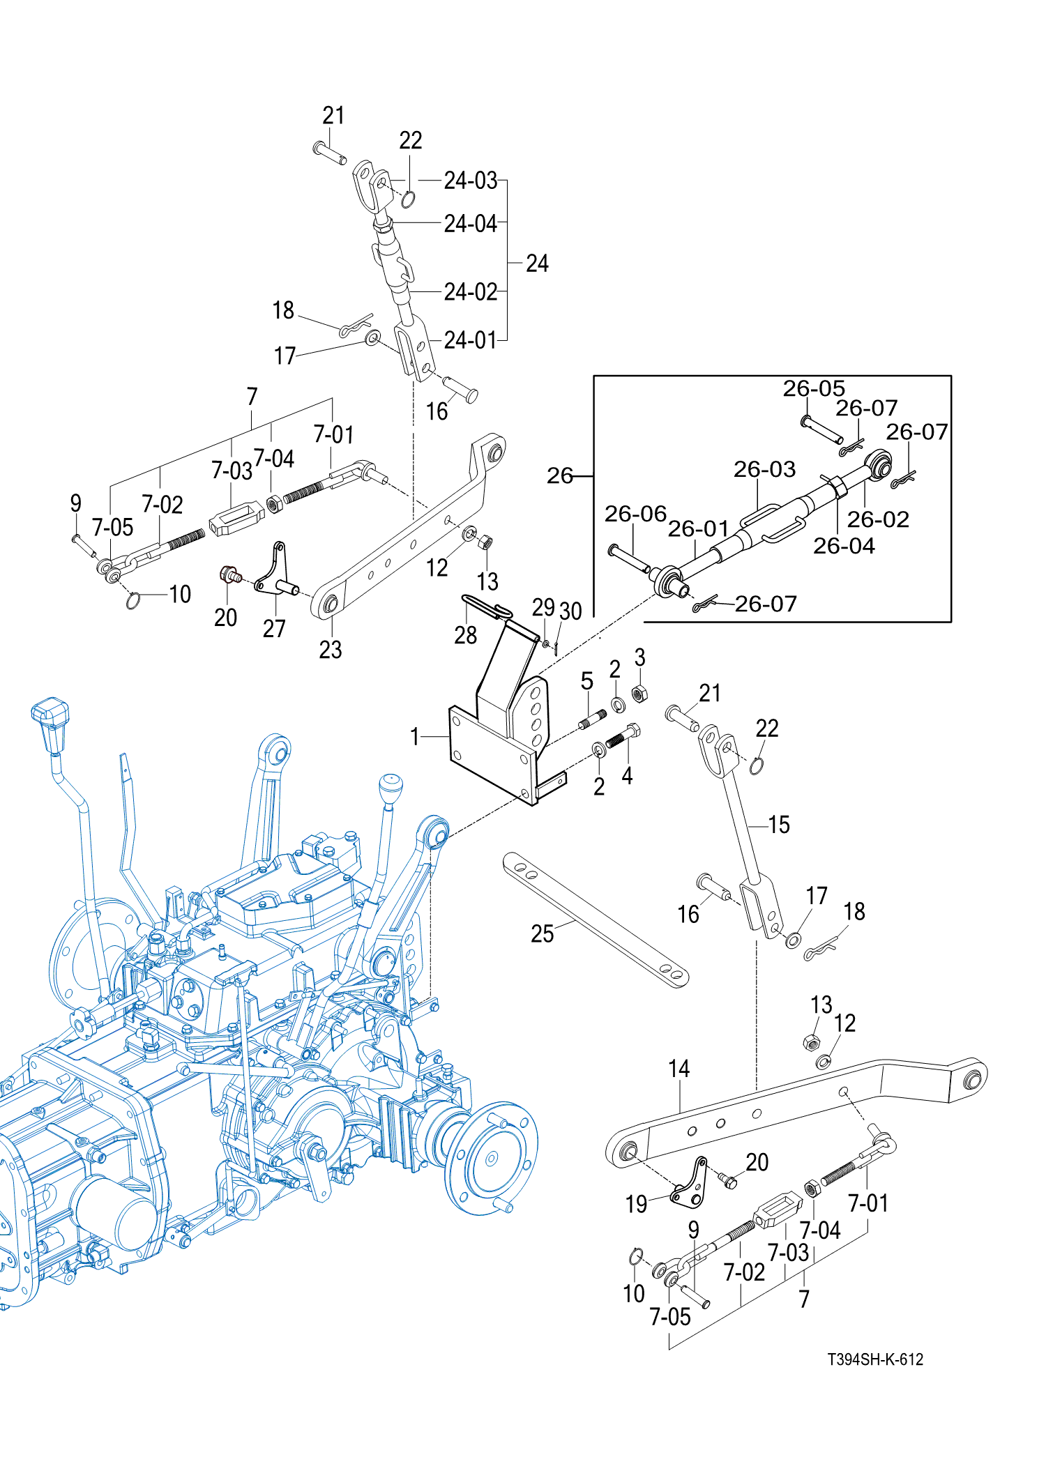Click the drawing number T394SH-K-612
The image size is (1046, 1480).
(x=875, y=1359)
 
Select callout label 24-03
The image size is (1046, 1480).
(x=471, y=181)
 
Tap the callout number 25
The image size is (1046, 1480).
(x=542, y=933)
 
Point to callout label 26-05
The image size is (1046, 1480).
(x=813, y=388)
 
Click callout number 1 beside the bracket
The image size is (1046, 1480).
(x=415, y=736)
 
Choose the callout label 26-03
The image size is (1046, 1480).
(x=764, y=469)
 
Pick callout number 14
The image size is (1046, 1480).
(x=679, y=1069)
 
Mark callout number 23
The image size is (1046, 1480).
(x=331, y=650)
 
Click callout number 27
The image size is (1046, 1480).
(x=274, y=628)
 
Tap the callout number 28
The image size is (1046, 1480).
(x=465, y=635)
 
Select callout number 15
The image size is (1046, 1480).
(x=779, y=825)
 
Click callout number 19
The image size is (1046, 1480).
(x=636, y=1204)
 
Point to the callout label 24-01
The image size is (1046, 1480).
(x=471, y=340)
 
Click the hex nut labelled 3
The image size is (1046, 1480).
(x=639, y=694)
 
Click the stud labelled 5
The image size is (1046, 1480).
(x=593, y=719)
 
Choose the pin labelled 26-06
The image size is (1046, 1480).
(x=629, y=559)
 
